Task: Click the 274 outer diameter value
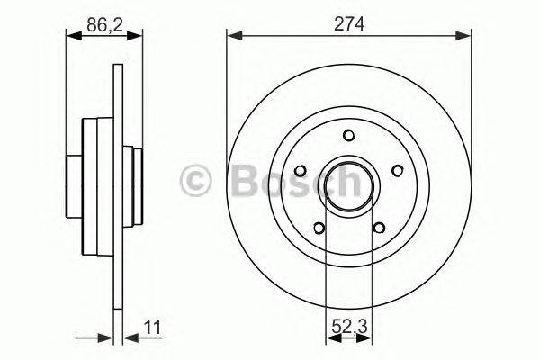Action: click(x=348, y=24)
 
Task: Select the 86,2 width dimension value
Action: click(x=103, y=24)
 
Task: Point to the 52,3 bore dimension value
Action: click(x=348, y=328)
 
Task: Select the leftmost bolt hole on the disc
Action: click(x=299, y=169)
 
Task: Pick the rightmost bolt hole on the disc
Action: click(x=397, y=169)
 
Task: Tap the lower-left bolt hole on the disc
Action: click(x=318, y=227)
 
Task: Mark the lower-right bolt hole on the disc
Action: click(x=379, y=227)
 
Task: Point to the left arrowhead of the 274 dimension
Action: click(x=231, y=37)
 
